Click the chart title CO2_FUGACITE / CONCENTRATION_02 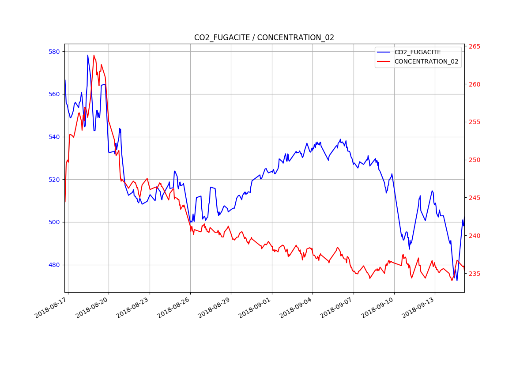point(264,38)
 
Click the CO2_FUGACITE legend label point(417,52)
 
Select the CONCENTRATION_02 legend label point(426,61)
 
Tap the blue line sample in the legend point(384,52)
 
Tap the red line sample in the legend point(384,61)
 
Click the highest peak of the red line point(94,55)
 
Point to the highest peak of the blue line point(87,55)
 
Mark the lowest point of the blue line point(457,280)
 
